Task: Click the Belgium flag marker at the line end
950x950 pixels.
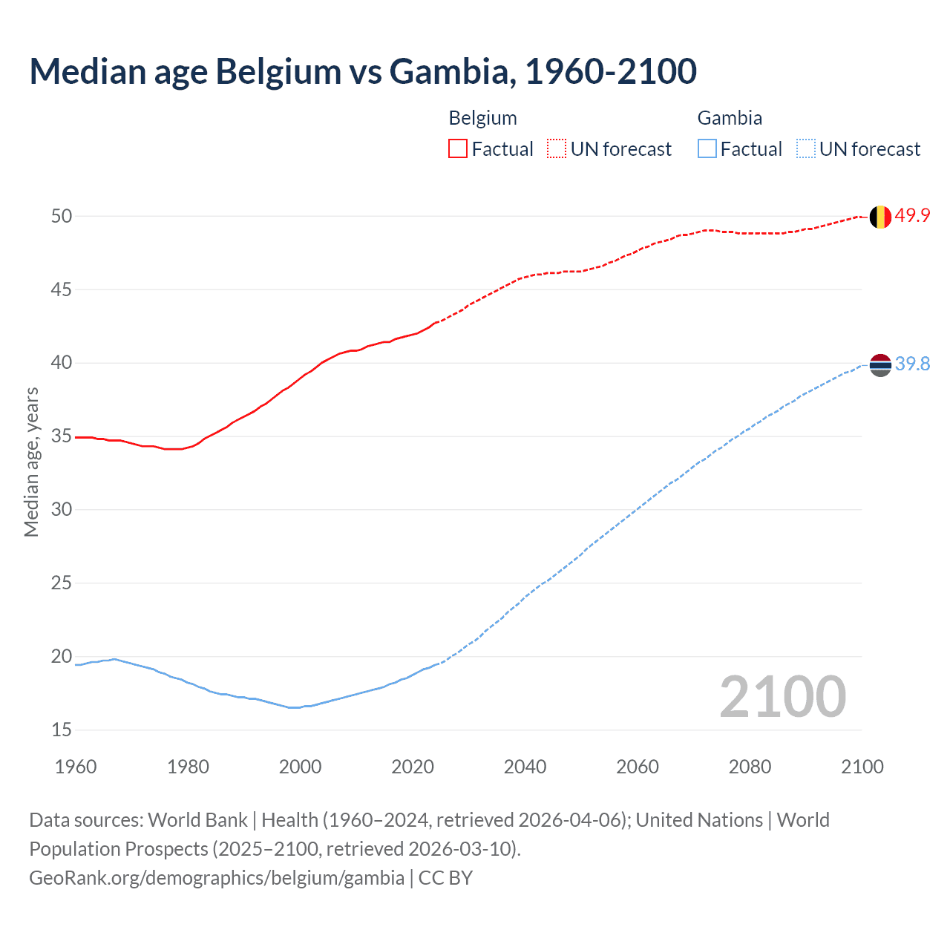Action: (879, 217)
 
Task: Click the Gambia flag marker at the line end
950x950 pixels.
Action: (879, 364)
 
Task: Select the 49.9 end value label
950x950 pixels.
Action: (912, 216)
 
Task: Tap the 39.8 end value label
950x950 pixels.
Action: (912, 364)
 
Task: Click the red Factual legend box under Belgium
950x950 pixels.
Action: (457, 149)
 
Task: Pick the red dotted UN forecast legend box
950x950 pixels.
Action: (557, 149)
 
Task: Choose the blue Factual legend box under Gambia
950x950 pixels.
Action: (707, 149)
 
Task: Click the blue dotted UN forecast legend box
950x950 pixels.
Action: (805, 149)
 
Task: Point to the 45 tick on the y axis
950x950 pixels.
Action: (62, 289)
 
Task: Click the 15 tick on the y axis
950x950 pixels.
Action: (62, 730)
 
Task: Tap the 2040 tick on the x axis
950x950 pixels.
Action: (525, 767)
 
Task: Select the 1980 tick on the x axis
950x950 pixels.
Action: (188, 767)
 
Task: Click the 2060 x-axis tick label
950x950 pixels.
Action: (638, 767)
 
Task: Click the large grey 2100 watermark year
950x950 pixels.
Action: (782, 696)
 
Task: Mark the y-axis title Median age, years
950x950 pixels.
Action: (31, 462)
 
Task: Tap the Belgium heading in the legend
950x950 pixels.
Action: (482, 118)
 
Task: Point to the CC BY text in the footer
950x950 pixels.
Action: (445, 878)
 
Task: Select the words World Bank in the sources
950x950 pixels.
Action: (197, 820)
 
